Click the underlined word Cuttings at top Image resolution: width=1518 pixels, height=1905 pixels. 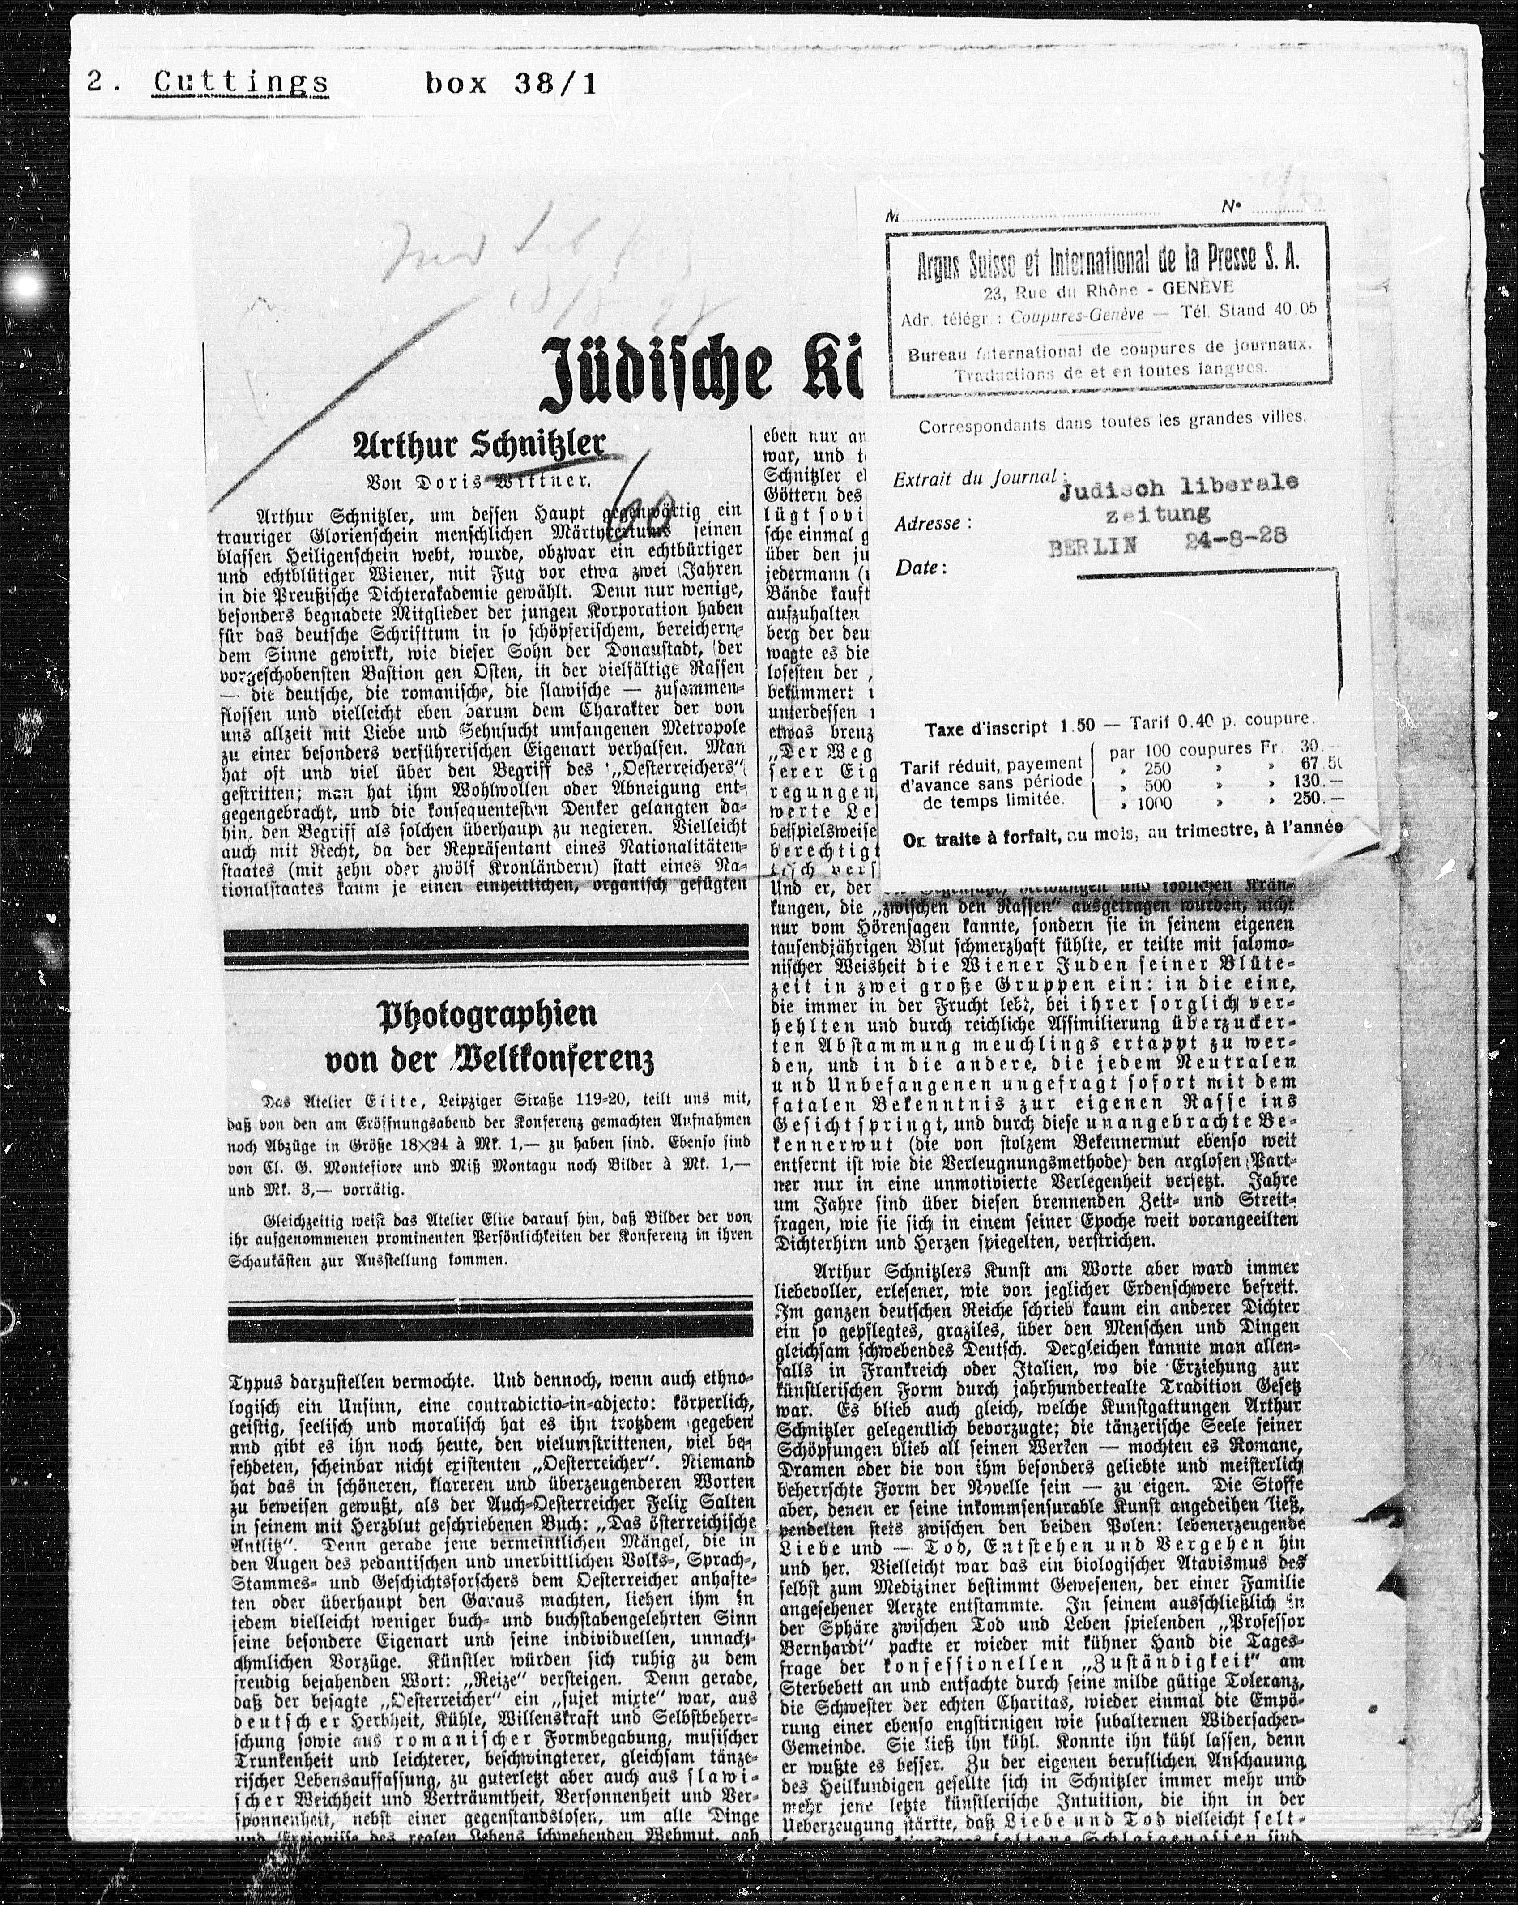tap(240, 84)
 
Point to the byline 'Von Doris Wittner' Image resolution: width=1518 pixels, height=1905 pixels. tap(478, 483)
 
